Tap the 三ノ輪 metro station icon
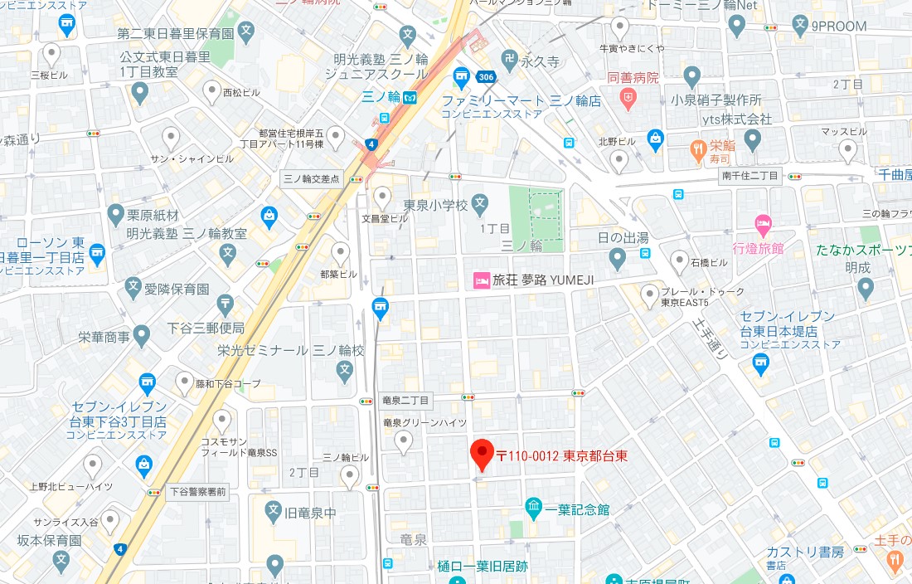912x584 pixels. point(409,97)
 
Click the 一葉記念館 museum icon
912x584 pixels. point(533,507)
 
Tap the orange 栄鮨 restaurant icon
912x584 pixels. point(699,150)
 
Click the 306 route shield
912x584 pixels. point(487,76)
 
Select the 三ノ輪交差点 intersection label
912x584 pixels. point(312,178)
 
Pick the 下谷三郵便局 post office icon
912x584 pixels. point(226,305)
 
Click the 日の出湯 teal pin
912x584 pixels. point(617,259)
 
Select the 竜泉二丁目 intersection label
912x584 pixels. point(406,401)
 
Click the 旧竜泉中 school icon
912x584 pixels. point(274,512)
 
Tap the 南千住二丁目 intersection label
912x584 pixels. point(749,176)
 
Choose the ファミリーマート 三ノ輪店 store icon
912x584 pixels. point(462,80)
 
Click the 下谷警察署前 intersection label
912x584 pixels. point(197,491)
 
